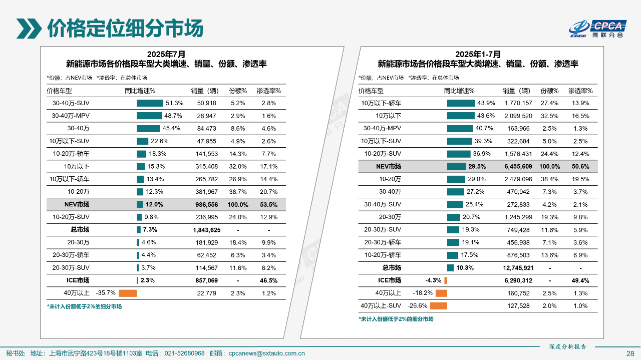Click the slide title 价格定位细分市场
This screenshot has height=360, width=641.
(x=125, y=29)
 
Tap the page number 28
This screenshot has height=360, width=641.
(x=630, y=353)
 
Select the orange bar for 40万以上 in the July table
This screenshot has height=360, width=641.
(x=128, y=293)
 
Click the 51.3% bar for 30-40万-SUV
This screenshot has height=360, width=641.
(x=150, y=103)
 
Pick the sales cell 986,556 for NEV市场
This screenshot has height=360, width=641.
(x=206, y=204)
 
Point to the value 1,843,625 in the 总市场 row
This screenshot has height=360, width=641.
(x=206, y=230)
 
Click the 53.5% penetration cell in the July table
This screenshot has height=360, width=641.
(x=269, y=204)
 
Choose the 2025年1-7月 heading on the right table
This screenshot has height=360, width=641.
(x=478, y=54)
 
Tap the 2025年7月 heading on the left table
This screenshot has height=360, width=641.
(x=166, y=54)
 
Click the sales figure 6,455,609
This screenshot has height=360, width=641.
(x=518, y=166)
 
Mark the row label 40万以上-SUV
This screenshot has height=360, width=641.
(x=381, y=306)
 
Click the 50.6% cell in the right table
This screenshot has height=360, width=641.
(x=580, y=166)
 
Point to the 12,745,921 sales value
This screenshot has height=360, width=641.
(x=518, y=268)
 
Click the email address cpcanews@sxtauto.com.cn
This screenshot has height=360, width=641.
(x=266, y=353)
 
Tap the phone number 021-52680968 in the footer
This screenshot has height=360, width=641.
(x=184, y=353)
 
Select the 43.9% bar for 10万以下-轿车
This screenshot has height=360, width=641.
(x=461, y=103)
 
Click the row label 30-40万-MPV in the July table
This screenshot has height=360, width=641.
(x=71, y=116)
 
